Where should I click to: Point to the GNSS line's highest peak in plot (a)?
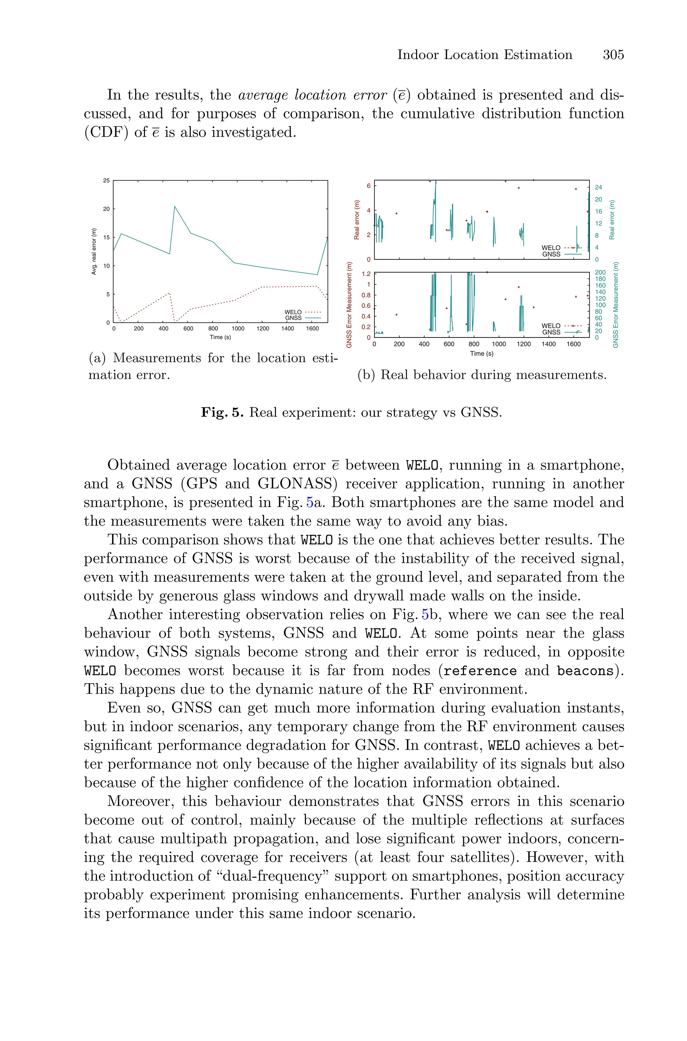click(175, 206)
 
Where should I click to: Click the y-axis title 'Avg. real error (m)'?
click(94, 252)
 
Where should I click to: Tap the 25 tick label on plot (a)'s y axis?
click(106, 180)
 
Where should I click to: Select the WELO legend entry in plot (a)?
click(302, 312)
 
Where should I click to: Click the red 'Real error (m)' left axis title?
click(357, 220)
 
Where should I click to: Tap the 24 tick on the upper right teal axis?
click(598, 187)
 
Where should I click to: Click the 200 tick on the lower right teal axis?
click(600, 272)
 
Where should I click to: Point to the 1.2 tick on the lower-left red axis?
click(366, 274)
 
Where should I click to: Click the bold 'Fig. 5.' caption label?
click(222, 412)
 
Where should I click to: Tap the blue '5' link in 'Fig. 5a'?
click(310, 502)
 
